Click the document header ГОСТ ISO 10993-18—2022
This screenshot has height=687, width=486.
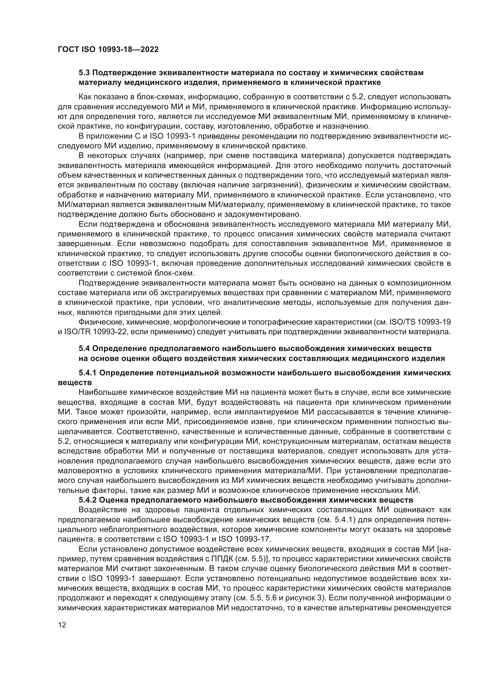coord(108,49)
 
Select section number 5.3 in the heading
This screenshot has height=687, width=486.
coord(85,73)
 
